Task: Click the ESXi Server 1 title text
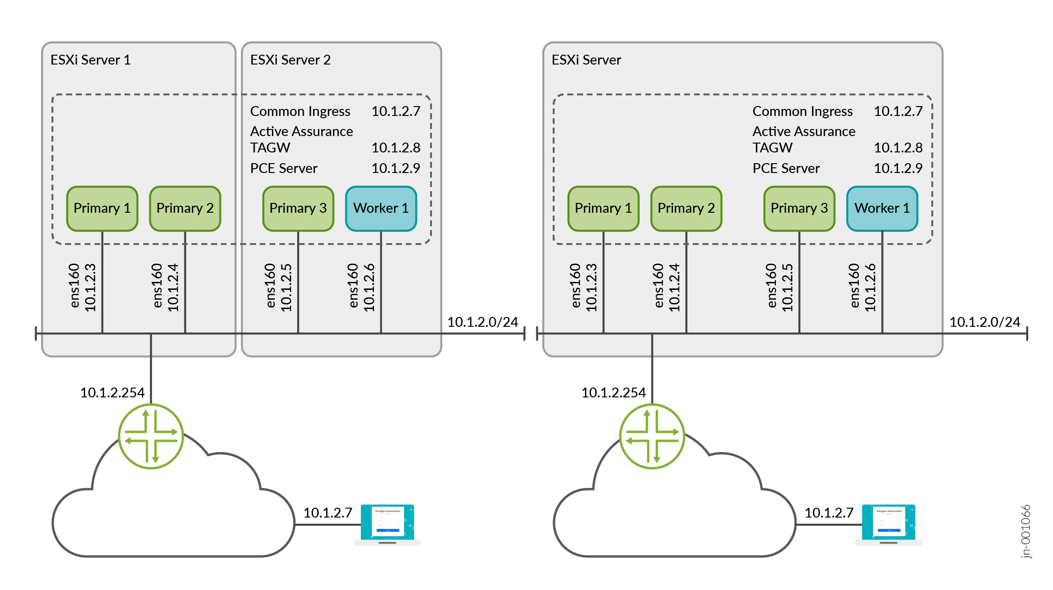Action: coord(90,60)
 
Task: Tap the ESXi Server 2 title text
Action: coord(290,60)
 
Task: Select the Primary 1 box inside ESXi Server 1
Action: coord(102,209)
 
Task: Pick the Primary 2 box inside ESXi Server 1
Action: coord(185,209)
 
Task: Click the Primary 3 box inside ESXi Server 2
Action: coord(298,209)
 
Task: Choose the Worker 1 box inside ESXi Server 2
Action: coord(381,209)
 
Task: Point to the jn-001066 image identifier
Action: coord(1025,531)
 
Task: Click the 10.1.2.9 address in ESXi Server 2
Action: coord(395,168)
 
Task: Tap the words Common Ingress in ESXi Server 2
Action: coord(300,111)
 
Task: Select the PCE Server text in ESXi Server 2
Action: coord(284,168)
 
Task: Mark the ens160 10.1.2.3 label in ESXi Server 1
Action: coord(82,287)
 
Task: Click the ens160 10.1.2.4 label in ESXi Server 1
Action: coord(165,287)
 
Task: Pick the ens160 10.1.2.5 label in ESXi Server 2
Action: coord(278,287)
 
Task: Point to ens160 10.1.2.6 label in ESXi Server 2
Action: coord(361,287)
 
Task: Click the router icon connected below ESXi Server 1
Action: coord(151,436)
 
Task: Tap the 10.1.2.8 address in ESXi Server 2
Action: coord(395,148)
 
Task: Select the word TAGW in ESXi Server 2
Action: coord(270,148)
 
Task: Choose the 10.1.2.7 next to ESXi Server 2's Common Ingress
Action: coord(395,111)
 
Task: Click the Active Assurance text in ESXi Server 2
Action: coord(301,131)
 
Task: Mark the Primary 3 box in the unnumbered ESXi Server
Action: coord(799,209)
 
